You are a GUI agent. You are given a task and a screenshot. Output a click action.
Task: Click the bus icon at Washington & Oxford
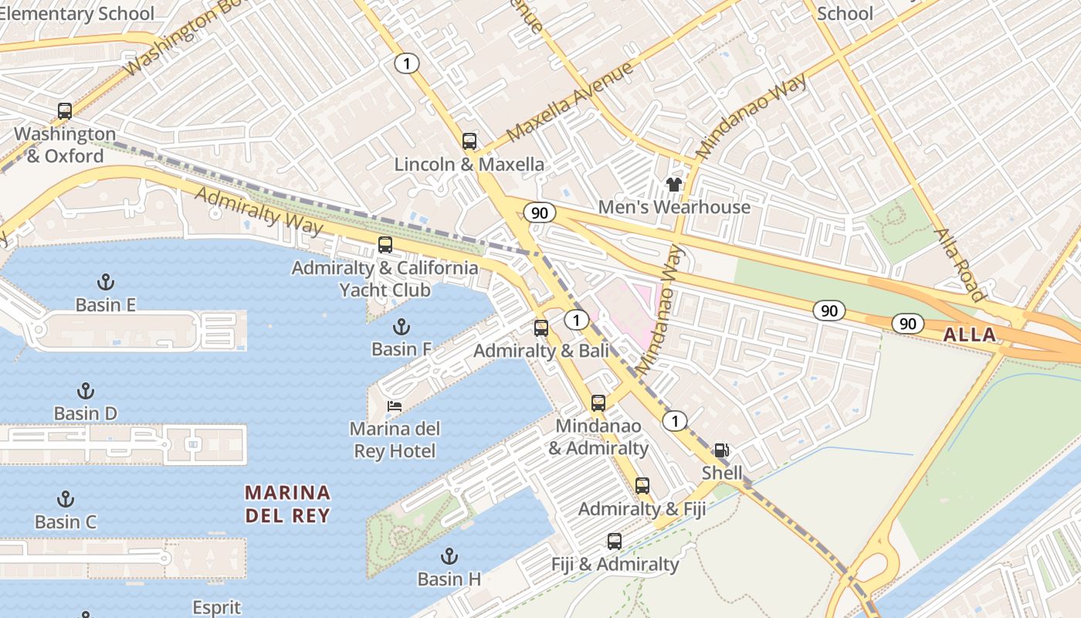[x=65, y=111]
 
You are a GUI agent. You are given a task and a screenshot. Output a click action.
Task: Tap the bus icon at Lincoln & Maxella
[x=469, y=141]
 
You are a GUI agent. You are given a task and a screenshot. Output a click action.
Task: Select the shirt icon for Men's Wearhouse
[x=673, y=184]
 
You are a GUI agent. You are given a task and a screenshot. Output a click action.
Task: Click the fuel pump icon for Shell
[x=721, y=450]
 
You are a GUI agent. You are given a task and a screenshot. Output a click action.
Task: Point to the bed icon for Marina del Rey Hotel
[x=395, y=406]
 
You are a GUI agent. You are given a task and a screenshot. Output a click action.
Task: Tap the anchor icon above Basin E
[x=105, y=282]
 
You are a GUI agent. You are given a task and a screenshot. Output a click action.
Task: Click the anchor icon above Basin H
[x=449, y=555]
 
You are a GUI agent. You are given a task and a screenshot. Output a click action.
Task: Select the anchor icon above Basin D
[x=86, y=391]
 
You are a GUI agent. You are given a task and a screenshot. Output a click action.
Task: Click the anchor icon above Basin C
[x=66, y=499]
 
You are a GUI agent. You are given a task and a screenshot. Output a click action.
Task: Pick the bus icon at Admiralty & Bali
[x=541, y=328]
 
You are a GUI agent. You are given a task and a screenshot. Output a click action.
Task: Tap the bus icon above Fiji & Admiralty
[x=615, y=542]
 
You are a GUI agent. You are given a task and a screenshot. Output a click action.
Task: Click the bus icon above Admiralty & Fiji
[x=642, y=486]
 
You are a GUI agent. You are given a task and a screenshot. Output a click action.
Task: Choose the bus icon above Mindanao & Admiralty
[x=598, y=402]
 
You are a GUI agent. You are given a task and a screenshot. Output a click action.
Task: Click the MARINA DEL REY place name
[x=288, y=504]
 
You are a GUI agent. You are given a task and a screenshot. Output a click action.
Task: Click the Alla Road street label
[x=960, y=264]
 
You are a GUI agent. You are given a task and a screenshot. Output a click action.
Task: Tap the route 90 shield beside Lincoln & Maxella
[x=539, y=212]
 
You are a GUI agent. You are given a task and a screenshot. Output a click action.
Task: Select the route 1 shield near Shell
[x=675, y=421]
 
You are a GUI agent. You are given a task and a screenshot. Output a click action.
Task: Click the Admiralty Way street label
[x=258, y=210]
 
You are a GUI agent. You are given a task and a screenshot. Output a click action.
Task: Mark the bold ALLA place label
[x=970, y=334]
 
